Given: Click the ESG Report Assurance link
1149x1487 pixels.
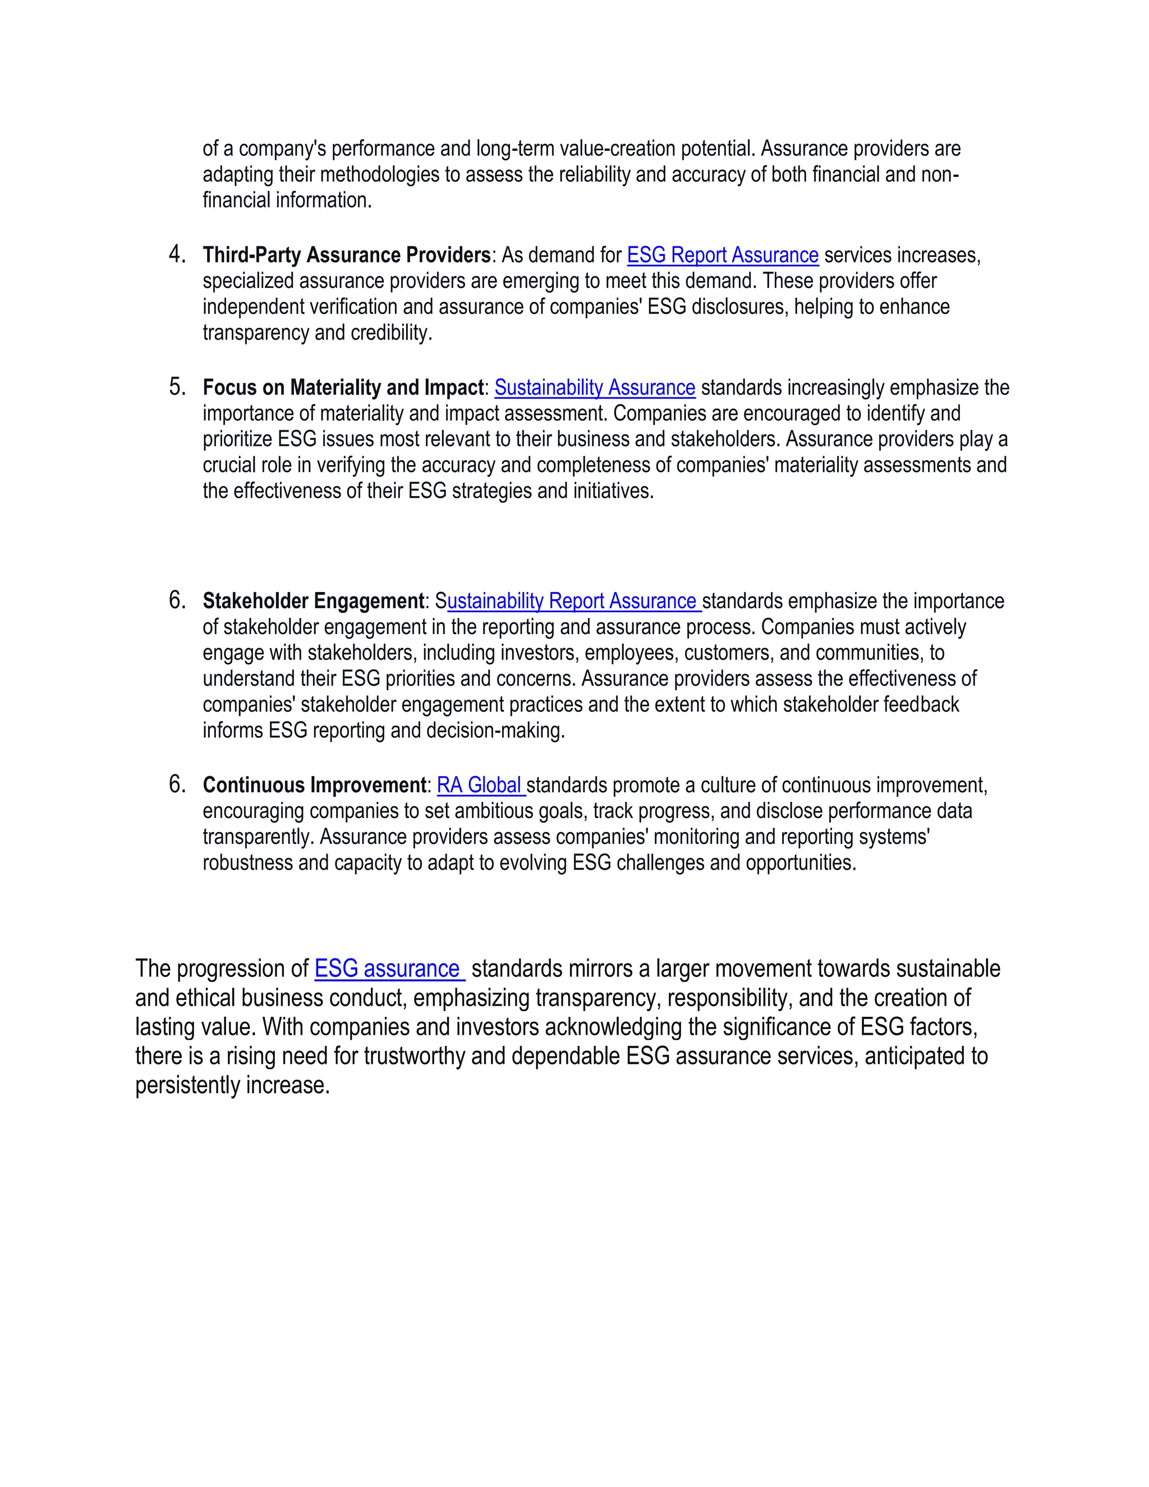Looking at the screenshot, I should coord(721,255).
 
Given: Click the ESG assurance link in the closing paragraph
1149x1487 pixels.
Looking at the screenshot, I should coord(388,969).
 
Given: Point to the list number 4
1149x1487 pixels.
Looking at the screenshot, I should coord(176,255).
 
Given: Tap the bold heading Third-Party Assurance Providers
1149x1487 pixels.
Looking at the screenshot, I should coord(347,255).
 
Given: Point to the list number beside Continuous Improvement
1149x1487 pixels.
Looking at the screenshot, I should coord(176,785).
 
